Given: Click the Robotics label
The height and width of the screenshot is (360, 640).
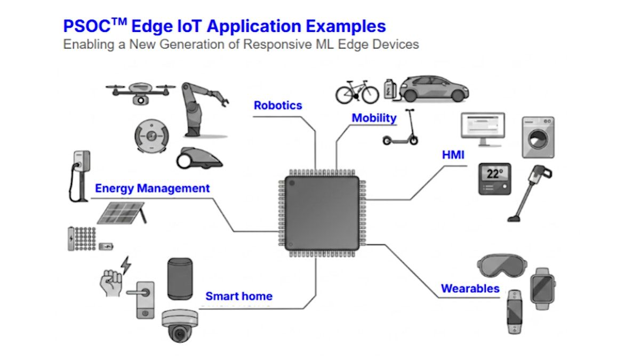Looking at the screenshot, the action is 278,106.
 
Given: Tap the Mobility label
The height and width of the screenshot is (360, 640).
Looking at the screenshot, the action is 374,118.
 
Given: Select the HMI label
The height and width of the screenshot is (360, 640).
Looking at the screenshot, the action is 453,155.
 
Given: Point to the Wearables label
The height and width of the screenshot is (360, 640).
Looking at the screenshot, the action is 470,289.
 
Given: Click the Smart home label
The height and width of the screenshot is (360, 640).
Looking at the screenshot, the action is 239,297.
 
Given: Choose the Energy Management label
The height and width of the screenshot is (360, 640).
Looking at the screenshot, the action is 153,188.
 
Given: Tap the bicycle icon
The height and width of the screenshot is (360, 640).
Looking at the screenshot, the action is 357,92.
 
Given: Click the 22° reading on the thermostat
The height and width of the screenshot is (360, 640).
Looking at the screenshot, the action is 494,174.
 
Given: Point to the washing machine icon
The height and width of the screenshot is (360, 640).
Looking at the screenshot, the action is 538,138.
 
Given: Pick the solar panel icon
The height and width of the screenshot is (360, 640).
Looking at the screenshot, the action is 122,213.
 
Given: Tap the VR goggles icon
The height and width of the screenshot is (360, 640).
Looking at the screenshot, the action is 502,266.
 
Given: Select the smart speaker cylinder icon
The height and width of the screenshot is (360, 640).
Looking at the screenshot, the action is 180,279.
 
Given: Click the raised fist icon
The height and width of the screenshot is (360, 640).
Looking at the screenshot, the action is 111,283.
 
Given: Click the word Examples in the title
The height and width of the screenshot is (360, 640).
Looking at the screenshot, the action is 346,26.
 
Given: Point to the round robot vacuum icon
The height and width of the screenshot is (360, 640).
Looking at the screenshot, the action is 151,136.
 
